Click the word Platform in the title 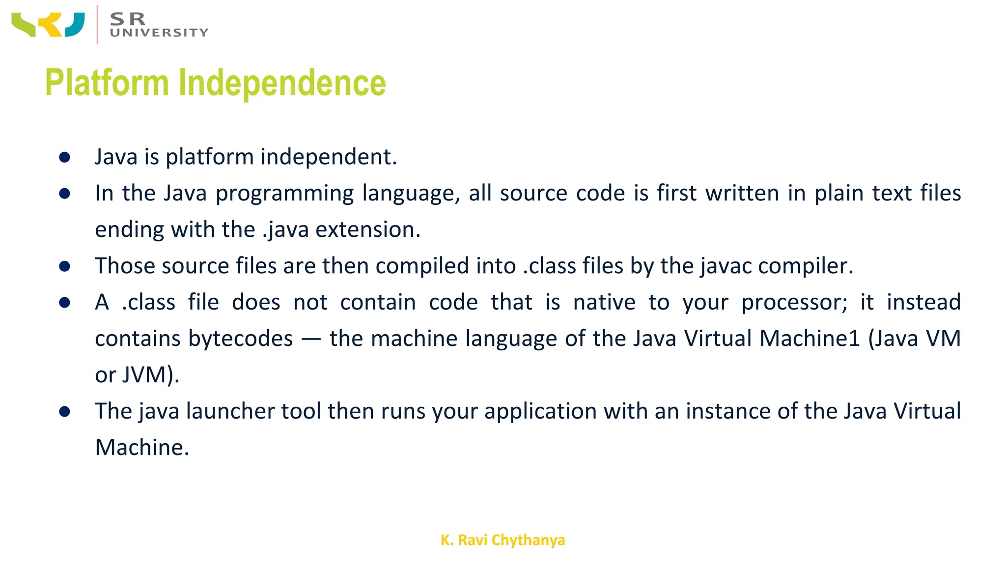pos(107,83)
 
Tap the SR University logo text pos(159,25)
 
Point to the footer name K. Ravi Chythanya pos(503,540)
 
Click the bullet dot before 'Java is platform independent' pos(64,157)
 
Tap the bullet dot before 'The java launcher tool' pos(64,411)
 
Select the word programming pos(284,194)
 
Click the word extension pos(367,230)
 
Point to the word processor pos(794,303)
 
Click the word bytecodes pos(194,339)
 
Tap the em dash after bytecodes pos(311,339)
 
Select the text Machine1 pos(810,339)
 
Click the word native pos(604,303)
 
